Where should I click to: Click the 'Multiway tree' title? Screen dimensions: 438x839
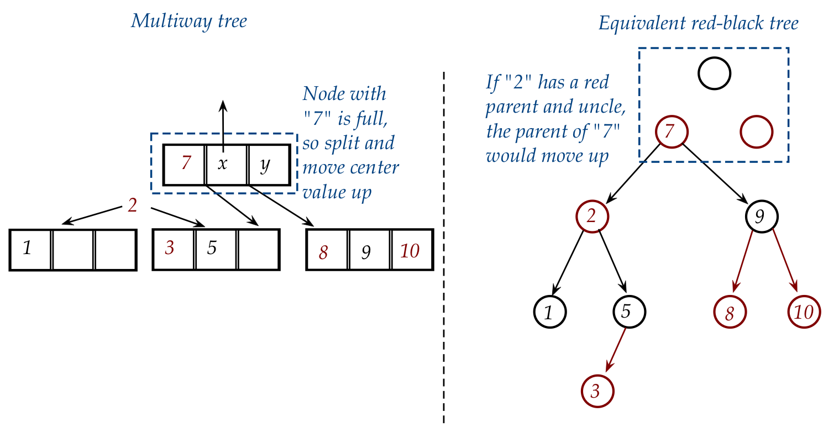[188, 22]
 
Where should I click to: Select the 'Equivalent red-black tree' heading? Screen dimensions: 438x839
[698, 23]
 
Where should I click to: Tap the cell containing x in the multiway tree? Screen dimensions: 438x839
[227, 165]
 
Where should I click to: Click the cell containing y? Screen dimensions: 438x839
[269, 165]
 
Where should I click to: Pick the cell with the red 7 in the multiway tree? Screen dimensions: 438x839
[185, 165]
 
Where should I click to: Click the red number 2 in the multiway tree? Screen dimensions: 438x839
[132, 205]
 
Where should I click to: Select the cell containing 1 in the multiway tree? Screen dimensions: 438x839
[31, 250]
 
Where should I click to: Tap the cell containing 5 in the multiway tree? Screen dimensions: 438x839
[216, 250]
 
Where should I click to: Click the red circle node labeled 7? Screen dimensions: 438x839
[671, 132]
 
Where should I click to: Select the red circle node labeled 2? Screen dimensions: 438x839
[592, 216]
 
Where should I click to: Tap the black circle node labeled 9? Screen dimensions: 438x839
[762, 216]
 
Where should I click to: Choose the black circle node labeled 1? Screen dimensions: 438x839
[550, 312]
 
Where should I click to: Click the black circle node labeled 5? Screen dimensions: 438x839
[629, 312]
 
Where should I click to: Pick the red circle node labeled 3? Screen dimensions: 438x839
[597, 391]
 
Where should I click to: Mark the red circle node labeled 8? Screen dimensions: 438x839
[730, 312]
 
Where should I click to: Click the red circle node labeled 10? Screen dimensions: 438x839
[804, 312]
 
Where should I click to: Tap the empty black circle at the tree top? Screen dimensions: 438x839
[714, 73]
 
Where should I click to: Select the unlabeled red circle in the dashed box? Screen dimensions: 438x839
[756, 132]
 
